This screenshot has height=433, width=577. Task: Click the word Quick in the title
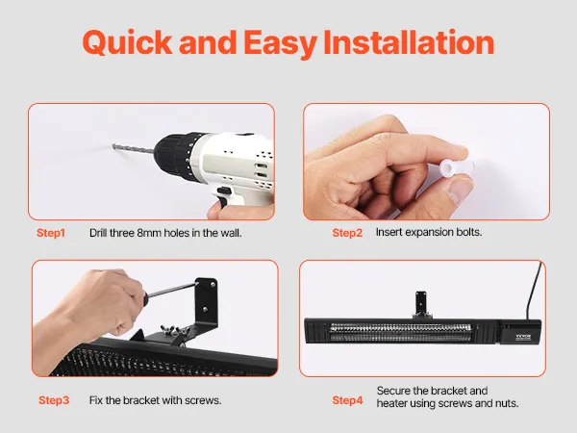tap(128, 42)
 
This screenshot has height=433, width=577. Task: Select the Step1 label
tap(51, 233)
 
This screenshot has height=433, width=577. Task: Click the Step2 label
tap(347, 233)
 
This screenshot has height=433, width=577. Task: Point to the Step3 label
tap(54, 400)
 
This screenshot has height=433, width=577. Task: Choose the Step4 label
tap(347, 400)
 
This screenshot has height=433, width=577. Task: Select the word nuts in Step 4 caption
tap(507, 403)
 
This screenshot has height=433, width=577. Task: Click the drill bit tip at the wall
tap(113, 146)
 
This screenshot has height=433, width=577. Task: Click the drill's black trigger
tap(223, 194)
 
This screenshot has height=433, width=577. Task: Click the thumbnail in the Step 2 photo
tap(462, 191)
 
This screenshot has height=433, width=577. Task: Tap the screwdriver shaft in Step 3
tap(172, 291)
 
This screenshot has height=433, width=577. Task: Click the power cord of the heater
tap(534, 291)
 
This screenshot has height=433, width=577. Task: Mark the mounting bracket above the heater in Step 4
tap(421, 304)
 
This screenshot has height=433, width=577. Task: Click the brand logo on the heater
tap(523, 337)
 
